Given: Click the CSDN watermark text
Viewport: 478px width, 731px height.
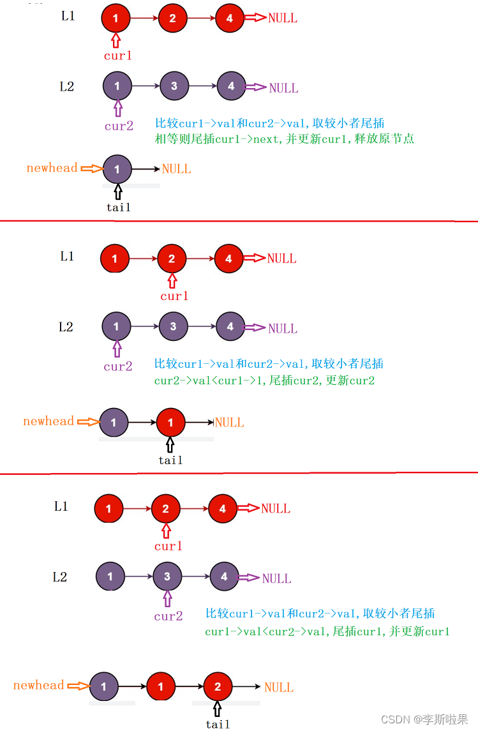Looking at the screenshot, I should (424, 720).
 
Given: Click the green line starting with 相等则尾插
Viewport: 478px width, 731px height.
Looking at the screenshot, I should (285, 139).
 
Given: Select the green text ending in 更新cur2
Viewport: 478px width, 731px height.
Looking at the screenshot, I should (264, 381).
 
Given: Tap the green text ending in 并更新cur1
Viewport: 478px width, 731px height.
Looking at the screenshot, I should (327, 631).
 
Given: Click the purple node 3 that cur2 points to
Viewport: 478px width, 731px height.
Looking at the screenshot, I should (167, 577).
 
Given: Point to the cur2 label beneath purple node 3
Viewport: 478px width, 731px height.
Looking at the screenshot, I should (168, 616).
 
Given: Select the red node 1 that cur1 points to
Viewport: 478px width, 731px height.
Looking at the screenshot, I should (116, 19).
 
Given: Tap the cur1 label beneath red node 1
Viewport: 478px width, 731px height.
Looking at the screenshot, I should (118, 56).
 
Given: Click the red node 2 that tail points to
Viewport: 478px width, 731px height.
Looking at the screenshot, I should (218, 687).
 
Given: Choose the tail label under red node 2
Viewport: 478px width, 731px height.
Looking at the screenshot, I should (218, 724).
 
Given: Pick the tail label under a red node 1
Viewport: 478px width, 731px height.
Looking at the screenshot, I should (170, 460).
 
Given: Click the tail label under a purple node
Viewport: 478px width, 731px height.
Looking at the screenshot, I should (118, 207).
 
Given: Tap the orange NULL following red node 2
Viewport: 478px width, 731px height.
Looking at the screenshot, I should (279, 688).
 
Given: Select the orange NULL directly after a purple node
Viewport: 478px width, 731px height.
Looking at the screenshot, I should (177, 169).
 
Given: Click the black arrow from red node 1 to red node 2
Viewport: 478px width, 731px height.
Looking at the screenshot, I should (190, 687).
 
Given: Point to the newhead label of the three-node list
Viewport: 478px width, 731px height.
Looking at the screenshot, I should (39, 686).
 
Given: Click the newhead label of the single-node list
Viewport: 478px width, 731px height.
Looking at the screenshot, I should (52, 169).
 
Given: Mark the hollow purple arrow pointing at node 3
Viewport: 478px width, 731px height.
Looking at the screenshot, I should (167, 598).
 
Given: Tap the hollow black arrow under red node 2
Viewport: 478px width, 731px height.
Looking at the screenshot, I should (218, 709).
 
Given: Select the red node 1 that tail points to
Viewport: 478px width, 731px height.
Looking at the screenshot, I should (170, 423).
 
